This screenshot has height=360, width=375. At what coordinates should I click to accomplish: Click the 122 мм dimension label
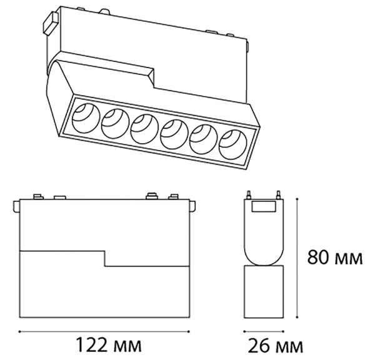108,345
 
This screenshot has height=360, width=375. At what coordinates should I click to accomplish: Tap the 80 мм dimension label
335,257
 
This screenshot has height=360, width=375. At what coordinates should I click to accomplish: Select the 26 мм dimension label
275,346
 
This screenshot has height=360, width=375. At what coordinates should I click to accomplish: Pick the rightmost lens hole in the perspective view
232,144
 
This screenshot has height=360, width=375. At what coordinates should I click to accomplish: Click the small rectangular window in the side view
263,206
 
